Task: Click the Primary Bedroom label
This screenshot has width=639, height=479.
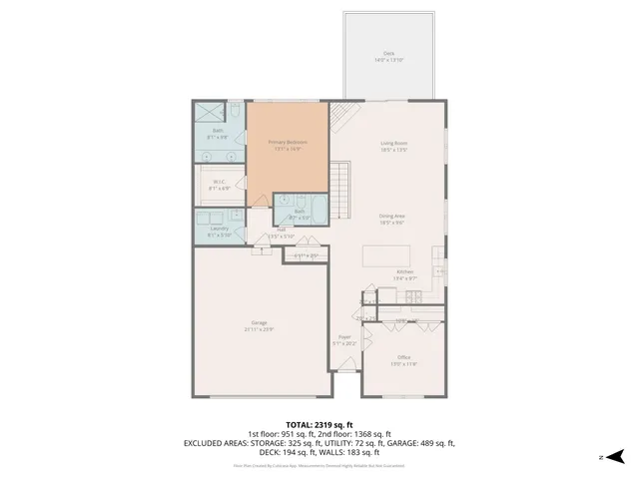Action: pyautogui.click(x=288, y=143)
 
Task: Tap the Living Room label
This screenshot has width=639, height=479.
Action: pyautogui.click(x=394, y=143)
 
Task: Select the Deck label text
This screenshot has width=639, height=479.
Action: pyautogui.click(x=388, y=53)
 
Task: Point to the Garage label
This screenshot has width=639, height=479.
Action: pyautogui.click(x=259, y=322)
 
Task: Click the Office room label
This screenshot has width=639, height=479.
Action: pyautogui.click(x=404, y=356)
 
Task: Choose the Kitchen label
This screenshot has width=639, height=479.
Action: pyautogui.click(x=404, y=271)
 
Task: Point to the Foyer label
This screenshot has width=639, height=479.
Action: pyautogui.click(x=344, y=337)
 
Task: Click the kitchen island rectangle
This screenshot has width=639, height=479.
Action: pyautogui.click(x=389, y=254)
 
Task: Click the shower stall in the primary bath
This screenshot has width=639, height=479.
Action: pyautogui.click(x=209, y=113)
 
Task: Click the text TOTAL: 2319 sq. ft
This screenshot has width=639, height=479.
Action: pyautogui.click(x=319, y=424)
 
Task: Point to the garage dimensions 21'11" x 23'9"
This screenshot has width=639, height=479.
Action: pyautogui.click(x=259, y=328)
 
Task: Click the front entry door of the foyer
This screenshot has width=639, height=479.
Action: pyautogui.click(x=344, y=371)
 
